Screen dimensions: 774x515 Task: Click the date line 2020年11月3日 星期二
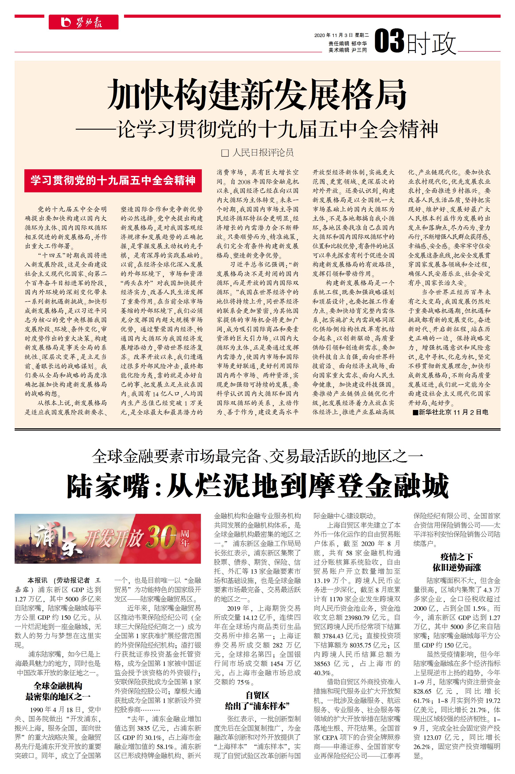341,35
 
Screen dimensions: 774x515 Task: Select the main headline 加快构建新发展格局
257,95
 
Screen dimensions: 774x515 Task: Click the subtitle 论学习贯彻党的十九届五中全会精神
278,129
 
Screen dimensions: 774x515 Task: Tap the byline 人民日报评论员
263,152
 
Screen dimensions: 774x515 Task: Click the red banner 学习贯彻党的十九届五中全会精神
113,180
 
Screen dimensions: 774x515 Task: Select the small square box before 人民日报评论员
225,153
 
